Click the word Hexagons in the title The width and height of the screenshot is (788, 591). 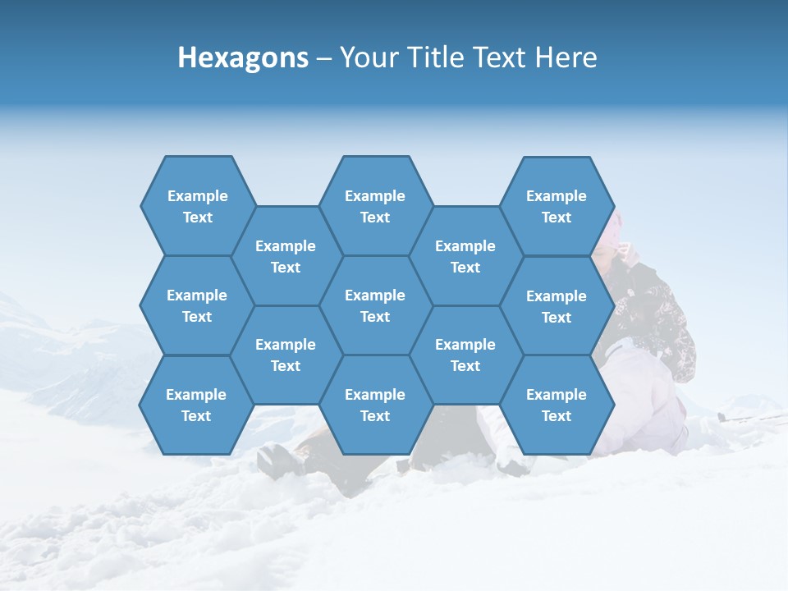(x=243, y=57)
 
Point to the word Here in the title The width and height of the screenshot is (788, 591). (x=566, y=57)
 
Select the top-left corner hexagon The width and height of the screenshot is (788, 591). (x=197, y=206)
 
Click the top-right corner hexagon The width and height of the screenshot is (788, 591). (x=556, y=206)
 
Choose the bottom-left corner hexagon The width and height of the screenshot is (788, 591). (x=196, y=405)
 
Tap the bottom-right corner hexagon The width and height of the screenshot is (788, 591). (x=556, y=405)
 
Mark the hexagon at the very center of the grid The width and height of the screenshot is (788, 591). (x=375, y=305)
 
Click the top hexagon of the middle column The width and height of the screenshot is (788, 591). (x=375, y=206)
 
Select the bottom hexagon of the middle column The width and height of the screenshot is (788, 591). (x=375, y=405)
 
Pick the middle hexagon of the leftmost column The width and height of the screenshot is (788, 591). (x=197, y=305)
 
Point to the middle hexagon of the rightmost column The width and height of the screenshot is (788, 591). (x=556, y=306)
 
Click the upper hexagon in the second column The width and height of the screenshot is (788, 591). (x=286, y=256)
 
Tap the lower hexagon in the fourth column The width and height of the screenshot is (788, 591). (x=465, y=355)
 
